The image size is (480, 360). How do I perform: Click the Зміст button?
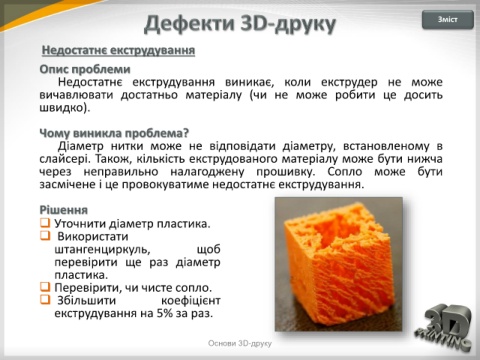(448, 20)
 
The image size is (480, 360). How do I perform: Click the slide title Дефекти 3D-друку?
(240, 24)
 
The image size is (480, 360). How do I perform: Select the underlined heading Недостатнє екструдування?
(118, 50)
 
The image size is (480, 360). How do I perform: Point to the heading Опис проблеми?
(85, 69)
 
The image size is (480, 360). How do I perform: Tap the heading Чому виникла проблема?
(114, 133)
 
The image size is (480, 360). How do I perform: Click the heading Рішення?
(64, 210)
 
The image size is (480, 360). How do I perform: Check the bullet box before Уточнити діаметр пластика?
(45, 222)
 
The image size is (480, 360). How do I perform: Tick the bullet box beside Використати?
(45, 235)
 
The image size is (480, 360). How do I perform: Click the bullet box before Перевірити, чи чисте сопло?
(45, 287)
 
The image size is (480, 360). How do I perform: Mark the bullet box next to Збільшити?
(45, 299)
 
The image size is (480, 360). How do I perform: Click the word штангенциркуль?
(101, 250)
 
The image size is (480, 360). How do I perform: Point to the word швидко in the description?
(61, 108)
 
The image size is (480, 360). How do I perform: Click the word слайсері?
(64, 159)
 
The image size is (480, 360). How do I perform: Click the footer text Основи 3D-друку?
(240, 343)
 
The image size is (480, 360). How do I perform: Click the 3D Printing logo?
(443, 327)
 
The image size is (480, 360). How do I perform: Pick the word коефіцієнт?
(191, 301)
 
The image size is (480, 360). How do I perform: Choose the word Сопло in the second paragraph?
(345, 172)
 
